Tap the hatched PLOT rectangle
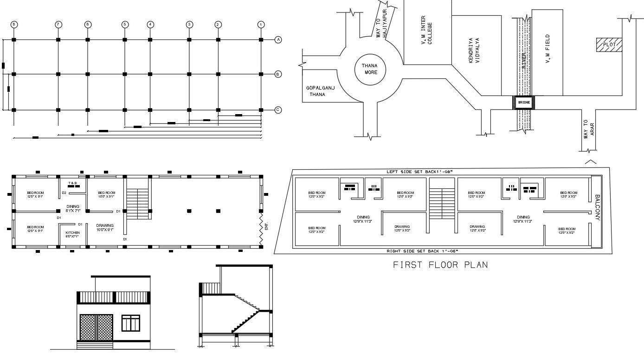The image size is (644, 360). (609, 45)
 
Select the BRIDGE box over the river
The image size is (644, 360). (523, 102)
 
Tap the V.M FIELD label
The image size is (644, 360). (547, 49)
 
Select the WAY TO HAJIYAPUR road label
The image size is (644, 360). (381, 22)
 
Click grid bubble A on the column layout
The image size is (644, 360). (278, 40)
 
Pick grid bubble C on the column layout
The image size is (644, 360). (278, 110)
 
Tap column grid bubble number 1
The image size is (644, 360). (261, 25)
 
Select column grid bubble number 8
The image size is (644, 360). (14, 25)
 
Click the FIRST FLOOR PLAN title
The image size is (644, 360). (440, 265)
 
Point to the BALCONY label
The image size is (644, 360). (597, 207)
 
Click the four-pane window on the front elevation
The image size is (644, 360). (130, 323)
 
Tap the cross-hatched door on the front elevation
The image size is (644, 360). (97, 328)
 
